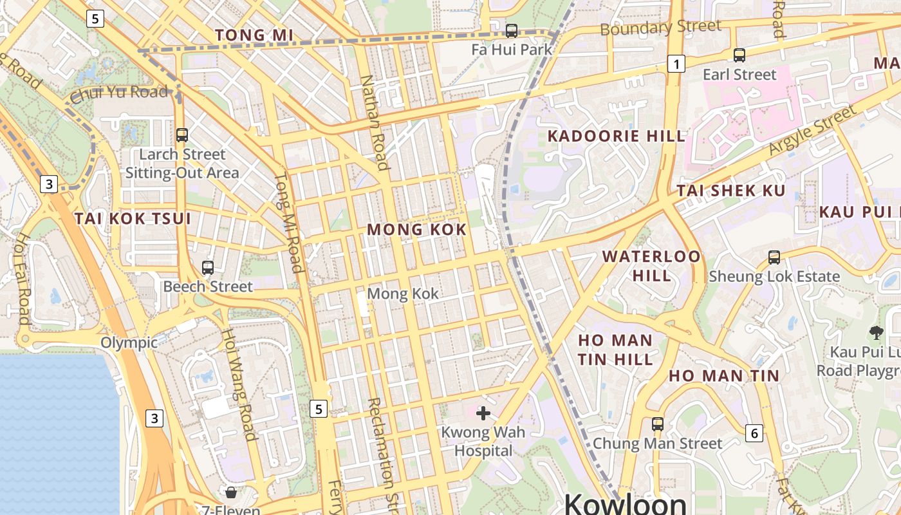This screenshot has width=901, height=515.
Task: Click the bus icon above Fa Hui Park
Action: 512,30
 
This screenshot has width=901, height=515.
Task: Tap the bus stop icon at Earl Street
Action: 739,55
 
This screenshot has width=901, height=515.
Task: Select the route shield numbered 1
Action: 676,64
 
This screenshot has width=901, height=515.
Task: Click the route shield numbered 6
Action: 755,433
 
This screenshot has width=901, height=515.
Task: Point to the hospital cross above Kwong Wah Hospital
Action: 483,413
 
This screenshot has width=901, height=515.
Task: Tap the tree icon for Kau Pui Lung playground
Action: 876,333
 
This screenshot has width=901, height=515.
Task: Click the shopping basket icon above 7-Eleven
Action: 231,492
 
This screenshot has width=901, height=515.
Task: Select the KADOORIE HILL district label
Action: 617,136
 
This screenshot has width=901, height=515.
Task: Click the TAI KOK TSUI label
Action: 133,218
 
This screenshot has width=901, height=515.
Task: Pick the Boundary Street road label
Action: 660,28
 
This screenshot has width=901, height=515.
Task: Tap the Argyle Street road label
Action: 813,129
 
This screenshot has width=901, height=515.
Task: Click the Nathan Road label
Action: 375,122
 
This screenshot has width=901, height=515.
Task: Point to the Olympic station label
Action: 129,342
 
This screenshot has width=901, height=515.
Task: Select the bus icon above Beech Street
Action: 207,267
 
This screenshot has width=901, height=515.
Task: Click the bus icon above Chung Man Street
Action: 657,424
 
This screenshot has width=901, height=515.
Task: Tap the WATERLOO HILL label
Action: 651,265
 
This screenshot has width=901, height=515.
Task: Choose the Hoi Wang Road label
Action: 239,384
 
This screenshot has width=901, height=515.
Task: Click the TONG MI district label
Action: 254,35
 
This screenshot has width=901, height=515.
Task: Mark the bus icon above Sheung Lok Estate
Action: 774,257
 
